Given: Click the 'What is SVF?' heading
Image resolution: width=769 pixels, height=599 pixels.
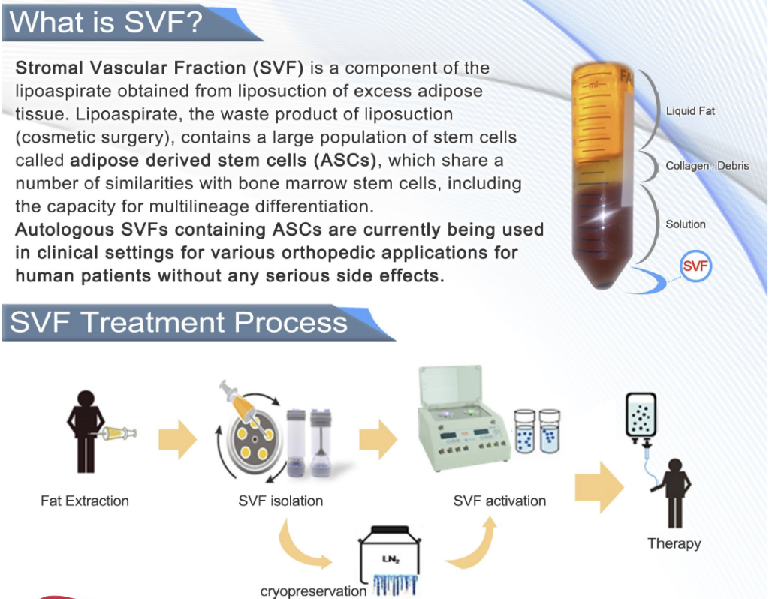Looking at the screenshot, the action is point(106,22).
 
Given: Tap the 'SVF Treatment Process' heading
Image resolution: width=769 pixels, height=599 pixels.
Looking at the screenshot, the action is point(179,322).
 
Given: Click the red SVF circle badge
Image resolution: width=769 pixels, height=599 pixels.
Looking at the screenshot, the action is point(695,266).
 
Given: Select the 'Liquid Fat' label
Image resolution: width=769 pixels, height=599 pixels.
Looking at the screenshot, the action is point(690,111).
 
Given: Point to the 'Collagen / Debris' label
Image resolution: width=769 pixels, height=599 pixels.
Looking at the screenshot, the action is point(707,166).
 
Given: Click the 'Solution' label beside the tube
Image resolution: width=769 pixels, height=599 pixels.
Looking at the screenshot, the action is point(685,224).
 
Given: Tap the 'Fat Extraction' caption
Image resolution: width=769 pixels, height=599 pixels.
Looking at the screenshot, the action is point(85,501).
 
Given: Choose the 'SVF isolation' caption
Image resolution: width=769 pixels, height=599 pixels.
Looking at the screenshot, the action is point(281,501).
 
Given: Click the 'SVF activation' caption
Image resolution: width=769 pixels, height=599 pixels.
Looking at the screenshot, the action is point(499,501).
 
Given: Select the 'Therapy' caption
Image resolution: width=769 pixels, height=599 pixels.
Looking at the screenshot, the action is point(674,543).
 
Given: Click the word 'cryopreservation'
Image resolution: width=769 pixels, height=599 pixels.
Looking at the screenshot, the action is point(313,591).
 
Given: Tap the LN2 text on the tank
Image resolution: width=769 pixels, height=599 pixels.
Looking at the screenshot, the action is point(391,558).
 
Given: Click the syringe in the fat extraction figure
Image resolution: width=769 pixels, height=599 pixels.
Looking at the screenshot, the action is point(118,433).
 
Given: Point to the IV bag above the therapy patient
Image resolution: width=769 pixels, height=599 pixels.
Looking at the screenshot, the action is point(641,414).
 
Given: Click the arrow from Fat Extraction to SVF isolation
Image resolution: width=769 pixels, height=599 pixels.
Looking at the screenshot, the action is point(177,438).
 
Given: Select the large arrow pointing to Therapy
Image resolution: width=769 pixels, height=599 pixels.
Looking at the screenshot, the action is point(599,487).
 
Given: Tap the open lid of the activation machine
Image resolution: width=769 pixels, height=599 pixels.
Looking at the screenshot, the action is point(451,385).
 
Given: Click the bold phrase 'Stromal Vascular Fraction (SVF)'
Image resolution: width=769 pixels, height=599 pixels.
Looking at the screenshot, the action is point(159,68).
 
